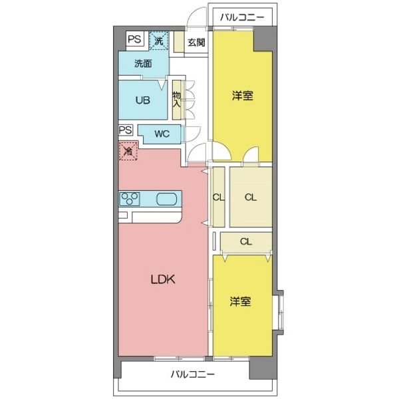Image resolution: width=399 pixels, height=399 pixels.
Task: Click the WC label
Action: [x=162, y=134]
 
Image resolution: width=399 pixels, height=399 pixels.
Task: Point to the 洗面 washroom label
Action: [x=142, y=65]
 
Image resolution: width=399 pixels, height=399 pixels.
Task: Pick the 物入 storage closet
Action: [x=177, y=100]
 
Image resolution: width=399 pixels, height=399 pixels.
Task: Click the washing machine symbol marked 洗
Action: [x=159, y=41]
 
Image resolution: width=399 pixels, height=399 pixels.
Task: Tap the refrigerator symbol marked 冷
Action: [x=128, y=152]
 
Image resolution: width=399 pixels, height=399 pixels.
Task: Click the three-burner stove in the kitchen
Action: [x=130, y=199]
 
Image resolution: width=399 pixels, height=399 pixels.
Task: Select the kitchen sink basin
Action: [x=167, y=199]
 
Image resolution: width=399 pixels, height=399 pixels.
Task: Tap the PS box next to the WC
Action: [x=126, y=130]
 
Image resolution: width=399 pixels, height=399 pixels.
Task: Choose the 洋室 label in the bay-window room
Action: [x=240, y=301]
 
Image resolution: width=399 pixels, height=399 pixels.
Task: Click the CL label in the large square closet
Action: [x=250, y=198]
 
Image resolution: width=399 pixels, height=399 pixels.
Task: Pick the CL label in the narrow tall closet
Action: [x=217, y=198]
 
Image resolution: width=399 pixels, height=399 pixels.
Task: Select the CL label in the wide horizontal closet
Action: [x=245, y=241]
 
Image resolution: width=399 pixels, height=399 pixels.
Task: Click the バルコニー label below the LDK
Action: [x=192, y=375]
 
